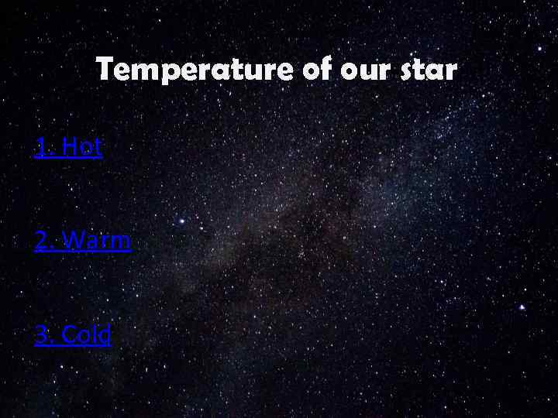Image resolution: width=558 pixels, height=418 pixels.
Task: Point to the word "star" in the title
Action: (x=428, y=71)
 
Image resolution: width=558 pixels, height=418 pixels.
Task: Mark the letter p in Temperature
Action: (x=157, y=74)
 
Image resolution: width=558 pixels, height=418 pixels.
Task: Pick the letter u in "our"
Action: (x=361, y=72)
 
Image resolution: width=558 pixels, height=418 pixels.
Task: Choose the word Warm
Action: (x=96, y=241)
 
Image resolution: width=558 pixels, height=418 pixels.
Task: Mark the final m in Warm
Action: (x=120, y=242)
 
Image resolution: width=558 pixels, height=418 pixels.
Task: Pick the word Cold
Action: (x=86, y=334)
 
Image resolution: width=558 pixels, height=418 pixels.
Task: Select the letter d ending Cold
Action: (x=105, y=334)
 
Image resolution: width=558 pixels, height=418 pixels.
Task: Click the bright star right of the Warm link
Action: (x=181, y=220)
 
